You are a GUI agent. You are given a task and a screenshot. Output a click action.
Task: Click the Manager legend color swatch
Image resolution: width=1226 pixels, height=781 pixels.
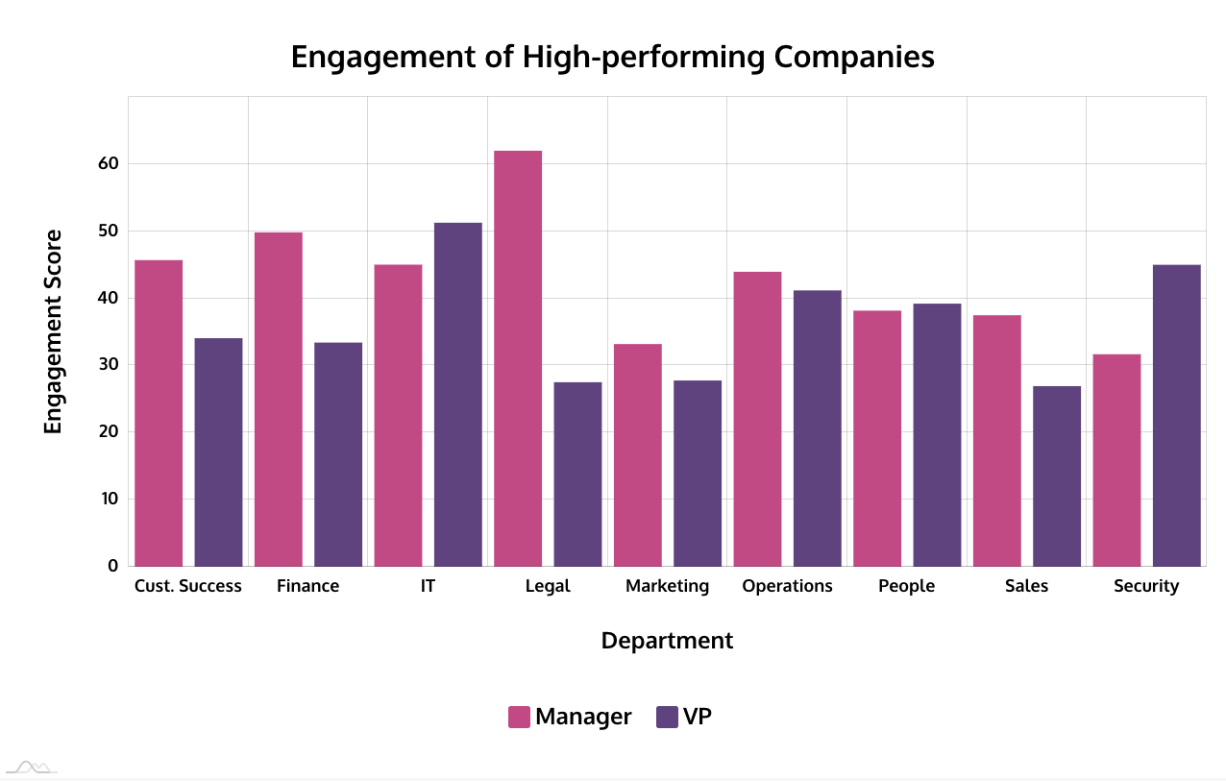pos(519,717)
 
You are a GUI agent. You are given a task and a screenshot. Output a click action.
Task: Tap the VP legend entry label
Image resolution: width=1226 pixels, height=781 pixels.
pos(698,717)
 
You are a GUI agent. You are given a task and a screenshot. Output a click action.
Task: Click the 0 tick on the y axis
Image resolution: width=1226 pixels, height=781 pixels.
pos(112,566)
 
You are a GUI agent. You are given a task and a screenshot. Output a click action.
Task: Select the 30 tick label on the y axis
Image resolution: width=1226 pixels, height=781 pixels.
pos(108,365)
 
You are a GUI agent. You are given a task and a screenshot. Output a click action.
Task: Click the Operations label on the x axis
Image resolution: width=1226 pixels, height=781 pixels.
pos(787,586)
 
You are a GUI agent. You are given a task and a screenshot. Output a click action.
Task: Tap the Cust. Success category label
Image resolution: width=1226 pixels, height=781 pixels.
pos(188,586)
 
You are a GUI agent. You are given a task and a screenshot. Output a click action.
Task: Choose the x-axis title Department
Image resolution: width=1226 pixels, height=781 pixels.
pos(667,641)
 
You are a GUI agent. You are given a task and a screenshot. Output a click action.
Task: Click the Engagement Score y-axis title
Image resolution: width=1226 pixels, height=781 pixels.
pos(54,331)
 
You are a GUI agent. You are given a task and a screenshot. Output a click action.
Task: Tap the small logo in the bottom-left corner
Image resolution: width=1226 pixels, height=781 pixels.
pos(31,767)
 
